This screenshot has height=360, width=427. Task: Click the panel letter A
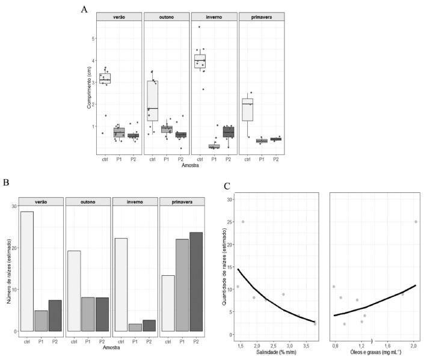click(x=85, y=9)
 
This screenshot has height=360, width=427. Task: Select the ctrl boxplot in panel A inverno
click(x=199, y=61)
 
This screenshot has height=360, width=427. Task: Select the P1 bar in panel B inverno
click(x=135, y=328)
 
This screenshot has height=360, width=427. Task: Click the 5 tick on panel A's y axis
click(x=93, y=38)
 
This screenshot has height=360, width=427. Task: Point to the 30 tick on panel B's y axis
click(x=13, y=206)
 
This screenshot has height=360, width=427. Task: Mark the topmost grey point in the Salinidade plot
click(x=243, y=222)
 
